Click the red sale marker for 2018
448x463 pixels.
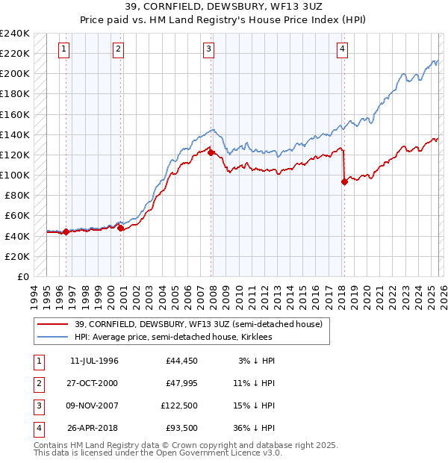click(344, 181)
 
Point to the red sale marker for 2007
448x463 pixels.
click(211, 152)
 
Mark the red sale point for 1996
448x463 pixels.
click(66, 232)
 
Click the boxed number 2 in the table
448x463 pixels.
click(38, 384)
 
